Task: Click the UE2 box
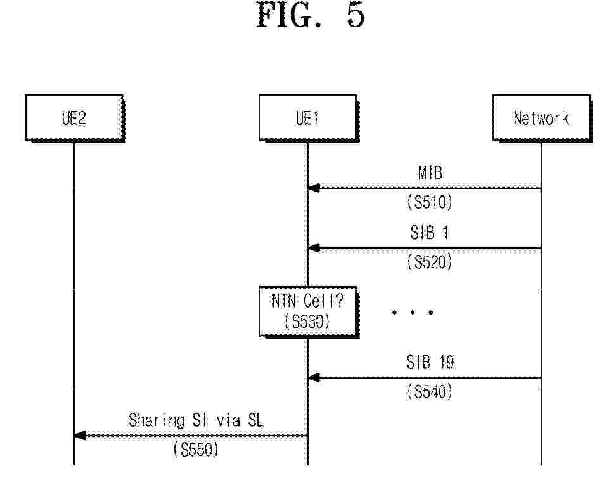click(x=74, y=118)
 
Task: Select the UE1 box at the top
click(x=308, y=118)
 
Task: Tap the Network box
click(x=542, y=118)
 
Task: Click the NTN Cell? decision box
click(x=308, y=311)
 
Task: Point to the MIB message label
click(x=430, y=172)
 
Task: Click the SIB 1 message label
click(x=430, y=233)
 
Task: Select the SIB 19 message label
click(x=430, y=362)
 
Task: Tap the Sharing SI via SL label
click(x=196, y=420)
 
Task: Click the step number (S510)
click(x=430, y=202)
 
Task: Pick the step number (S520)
click(x=430, y=263)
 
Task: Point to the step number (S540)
click(x=430, y=392)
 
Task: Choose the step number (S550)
click(x=196, y=450)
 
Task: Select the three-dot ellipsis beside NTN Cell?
click(x=413, y=312)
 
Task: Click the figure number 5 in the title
click(x=355, y=15)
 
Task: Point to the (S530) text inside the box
click(x=307, y=321)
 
